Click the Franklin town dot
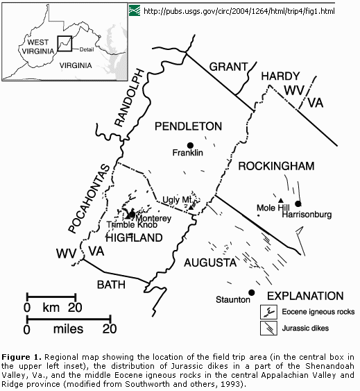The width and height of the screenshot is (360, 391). click(190, 145)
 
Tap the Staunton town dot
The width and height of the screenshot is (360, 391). click(252, 292)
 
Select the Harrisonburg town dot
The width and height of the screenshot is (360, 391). click(298, 203)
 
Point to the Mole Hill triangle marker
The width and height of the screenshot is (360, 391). click(281, 200)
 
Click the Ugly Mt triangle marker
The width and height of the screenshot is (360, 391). click(191, 207)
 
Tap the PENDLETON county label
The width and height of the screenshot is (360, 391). click(189, 126)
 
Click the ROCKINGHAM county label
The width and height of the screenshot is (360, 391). click(276, 166)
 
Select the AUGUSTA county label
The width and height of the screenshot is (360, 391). click(210, 263)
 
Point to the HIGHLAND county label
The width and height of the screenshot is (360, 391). click(135, 238)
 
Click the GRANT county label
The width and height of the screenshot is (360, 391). click(228, 67)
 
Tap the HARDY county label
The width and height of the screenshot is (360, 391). click(280, 76)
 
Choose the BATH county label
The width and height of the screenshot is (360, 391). click(111, 285)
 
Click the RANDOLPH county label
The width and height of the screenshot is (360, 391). click(130, 98)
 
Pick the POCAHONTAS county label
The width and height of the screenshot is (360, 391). click(89, 199)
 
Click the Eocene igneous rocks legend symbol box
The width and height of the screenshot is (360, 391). click(268, 312)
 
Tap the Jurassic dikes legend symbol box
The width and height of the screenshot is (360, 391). click(268, 328)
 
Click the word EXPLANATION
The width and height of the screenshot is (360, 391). click(305, 296)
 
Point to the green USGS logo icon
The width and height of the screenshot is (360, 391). click(135, 10)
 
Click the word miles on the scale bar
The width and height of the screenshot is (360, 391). click(68, 329)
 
